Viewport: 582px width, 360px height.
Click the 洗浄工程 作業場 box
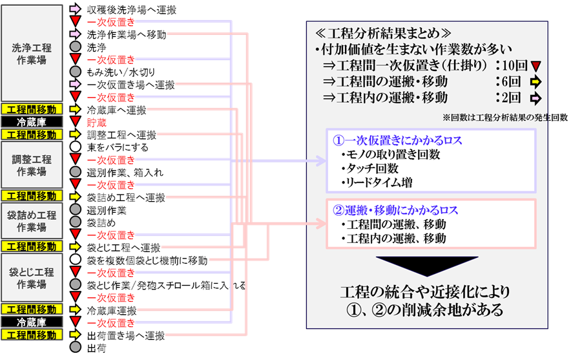32,53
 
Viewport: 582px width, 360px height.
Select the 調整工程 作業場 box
32,165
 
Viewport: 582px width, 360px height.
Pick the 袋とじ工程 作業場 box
32,277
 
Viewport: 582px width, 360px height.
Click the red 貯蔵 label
98,122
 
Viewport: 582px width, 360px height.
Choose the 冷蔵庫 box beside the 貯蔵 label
32,122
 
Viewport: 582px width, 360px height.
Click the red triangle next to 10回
535,65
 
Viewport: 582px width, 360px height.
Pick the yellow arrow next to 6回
535,82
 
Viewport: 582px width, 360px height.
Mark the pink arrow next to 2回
535,98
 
